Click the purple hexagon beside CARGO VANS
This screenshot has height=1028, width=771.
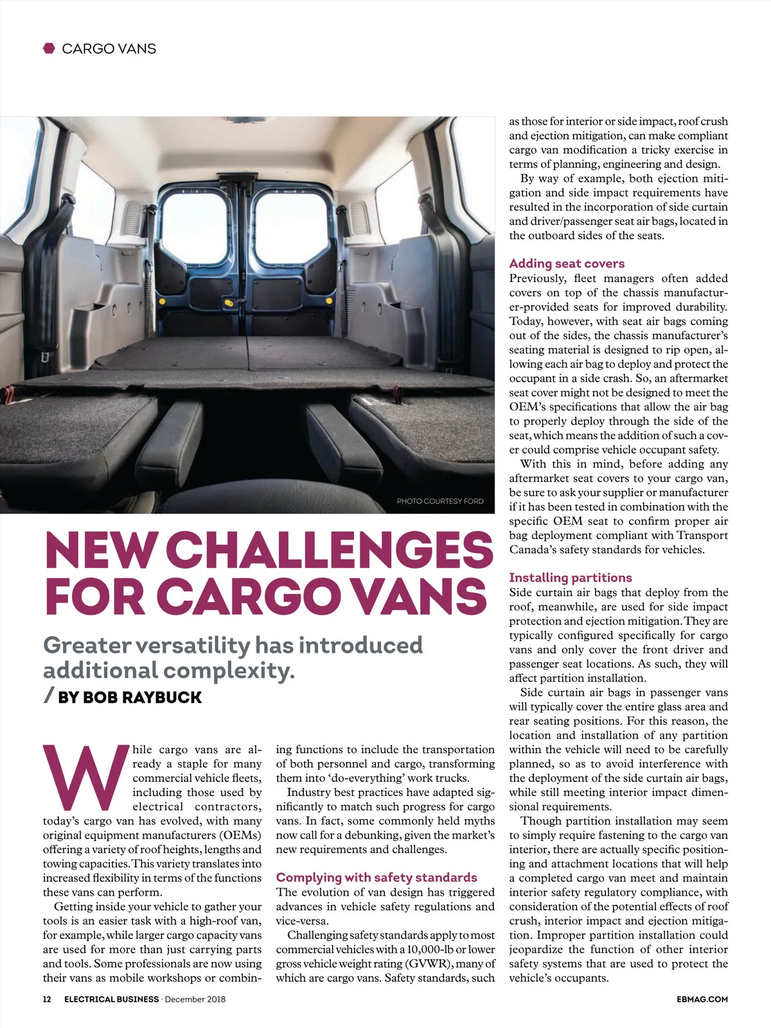point(49,48)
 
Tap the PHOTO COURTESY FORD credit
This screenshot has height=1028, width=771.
point(439,501)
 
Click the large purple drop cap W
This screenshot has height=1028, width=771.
point(85,778)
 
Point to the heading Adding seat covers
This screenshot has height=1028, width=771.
point(567,263)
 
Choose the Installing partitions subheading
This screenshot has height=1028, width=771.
point(571,578)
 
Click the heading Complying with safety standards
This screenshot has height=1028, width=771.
point(377,878)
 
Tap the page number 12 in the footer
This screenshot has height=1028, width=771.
point(47,999)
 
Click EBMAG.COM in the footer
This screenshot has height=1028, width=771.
point(702,999)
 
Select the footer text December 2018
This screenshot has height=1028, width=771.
point(195,999)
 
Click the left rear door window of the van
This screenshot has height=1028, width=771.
point(196,228)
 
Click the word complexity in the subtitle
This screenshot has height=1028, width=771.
point(227,671)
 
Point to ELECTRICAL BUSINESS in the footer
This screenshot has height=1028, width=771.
point(111,999)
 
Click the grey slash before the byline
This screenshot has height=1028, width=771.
point(49,696)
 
